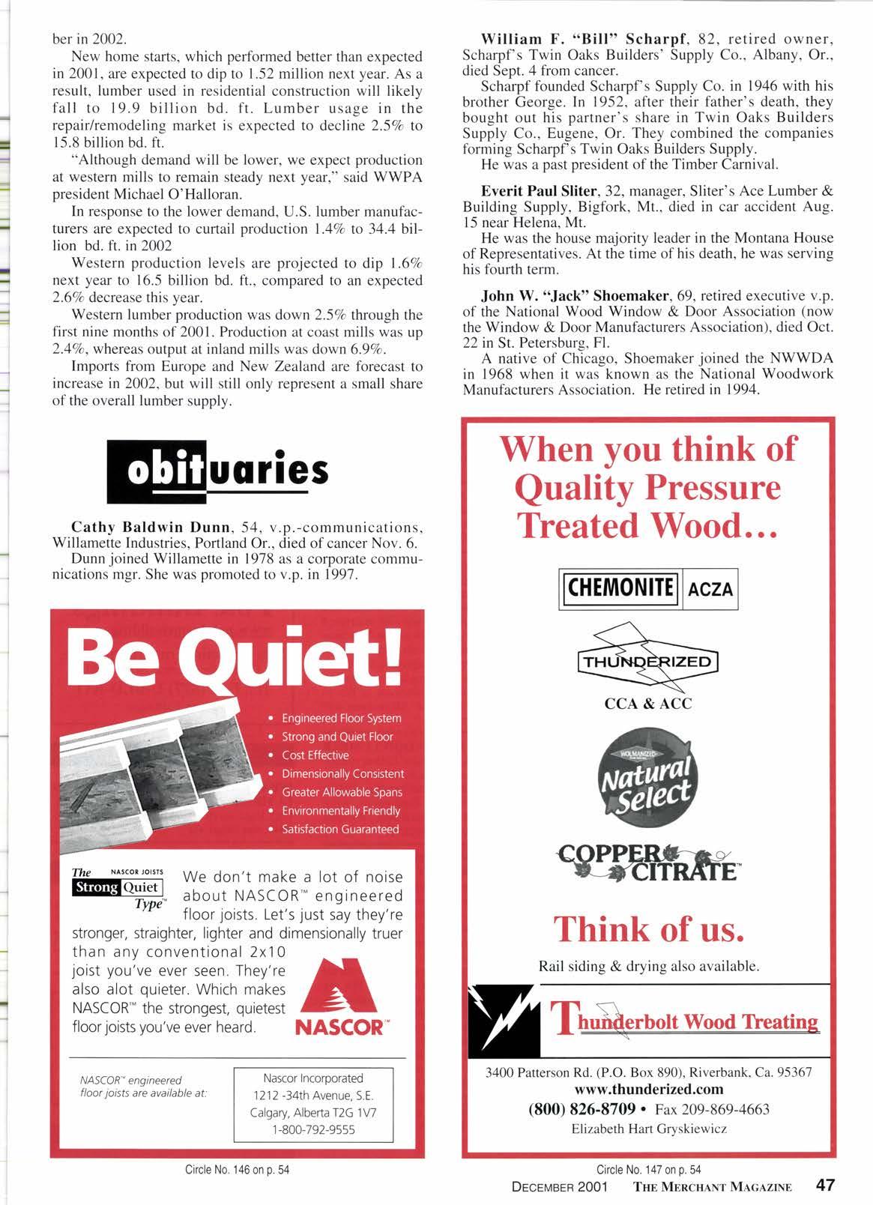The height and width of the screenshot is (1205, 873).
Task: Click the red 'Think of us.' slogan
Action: pyautogui.click(x=648, y=928)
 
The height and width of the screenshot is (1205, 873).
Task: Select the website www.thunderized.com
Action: pyautogui.click(x=648, y=1088)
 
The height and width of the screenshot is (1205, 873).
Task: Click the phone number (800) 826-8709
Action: pyautogui.click(x=582, y=1108)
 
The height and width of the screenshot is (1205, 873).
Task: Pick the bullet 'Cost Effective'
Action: pyautogui.click(x=315, y=755)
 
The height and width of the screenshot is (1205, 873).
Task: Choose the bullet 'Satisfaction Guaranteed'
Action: pyautogui.click(x=339, y=829)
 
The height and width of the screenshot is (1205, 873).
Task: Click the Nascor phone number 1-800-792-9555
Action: pyautogui.click(x=313, y=1129)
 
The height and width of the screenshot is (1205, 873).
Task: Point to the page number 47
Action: pyautogui.click(x=825, y=1186)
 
